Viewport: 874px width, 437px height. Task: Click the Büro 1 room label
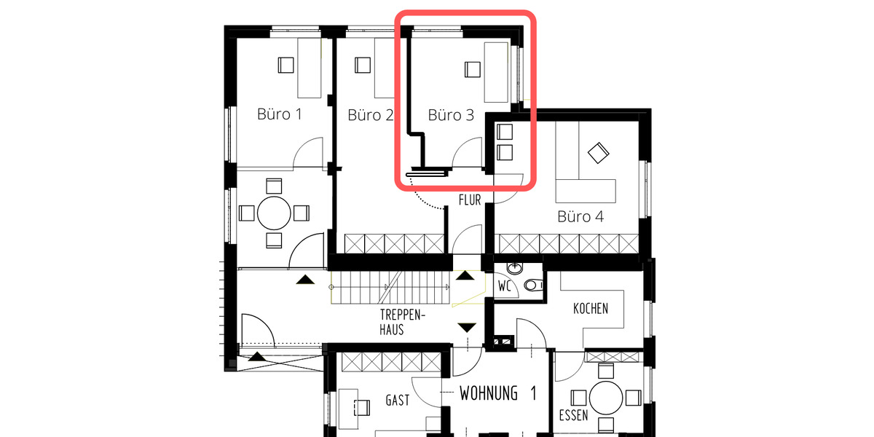click(x=280, y=114)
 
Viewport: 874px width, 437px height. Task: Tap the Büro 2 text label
click(x=370, y=115)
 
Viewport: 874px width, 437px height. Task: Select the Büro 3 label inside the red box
click(x=450, y=115)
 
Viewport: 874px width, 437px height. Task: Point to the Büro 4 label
click(x=580, y=216)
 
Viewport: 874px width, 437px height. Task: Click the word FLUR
click(x=470, y=200)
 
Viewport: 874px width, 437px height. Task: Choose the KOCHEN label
click(x=590, y=308)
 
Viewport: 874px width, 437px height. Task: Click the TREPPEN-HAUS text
click(x=401, y=322)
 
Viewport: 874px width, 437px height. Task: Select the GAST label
click(x=398, y=401)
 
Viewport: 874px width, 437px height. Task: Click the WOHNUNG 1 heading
click(x=498, y=394)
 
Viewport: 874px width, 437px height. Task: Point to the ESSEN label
click(x=573, y=417)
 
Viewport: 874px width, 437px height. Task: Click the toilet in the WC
click(x=536, y=286)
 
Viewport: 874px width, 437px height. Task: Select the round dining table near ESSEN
click(x=605, y=398)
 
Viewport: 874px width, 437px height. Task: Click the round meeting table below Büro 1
click(x=275, y=213)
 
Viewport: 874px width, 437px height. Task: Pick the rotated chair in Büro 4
click(x=598, y=153)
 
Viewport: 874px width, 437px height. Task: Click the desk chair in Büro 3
click(x=472, y=69)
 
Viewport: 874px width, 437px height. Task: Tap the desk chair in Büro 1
click(x=286, y=66)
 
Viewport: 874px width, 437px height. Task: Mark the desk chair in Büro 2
click(x=362, y=66)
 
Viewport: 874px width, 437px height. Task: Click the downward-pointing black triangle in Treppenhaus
click(x=467, y=328)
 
